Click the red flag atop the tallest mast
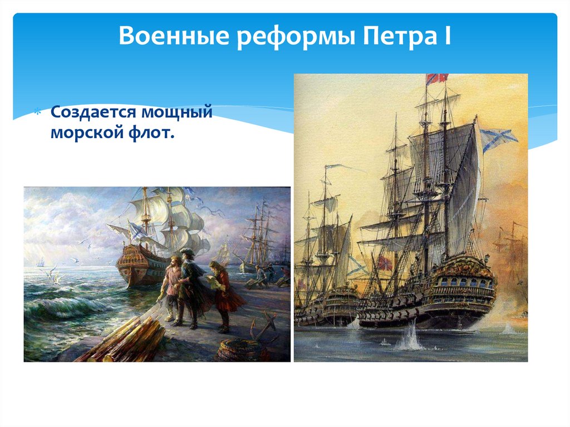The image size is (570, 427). click(x=437, y=79)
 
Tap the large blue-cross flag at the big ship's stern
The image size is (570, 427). click(x=494, y=138)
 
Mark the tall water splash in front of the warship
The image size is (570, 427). click(x=411, y=338)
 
